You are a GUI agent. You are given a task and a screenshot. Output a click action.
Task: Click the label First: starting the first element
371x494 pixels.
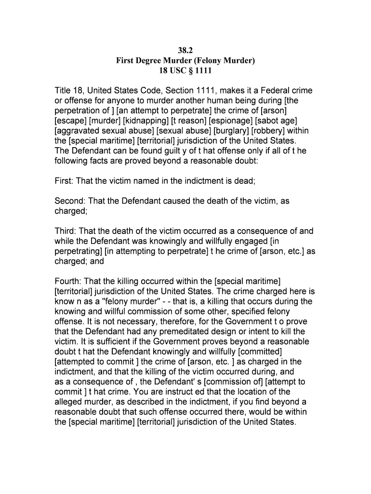pos(65,181)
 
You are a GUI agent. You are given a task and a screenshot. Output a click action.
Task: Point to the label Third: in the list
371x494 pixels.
pos(66,231)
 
